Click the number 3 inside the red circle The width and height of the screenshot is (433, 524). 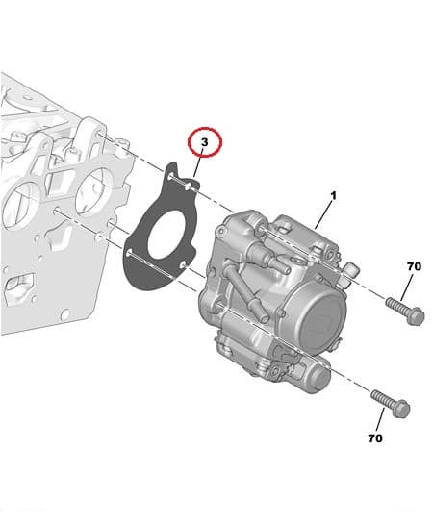coord(204,143)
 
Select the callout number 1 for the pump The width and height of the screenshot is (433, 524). coord(333,196)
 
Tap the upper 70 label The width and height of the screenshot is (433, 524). coord(414,266)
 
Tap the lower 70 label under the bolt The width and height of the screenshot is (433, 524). coord(374,437)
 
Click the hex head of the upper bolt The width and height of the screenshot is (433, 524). coord(415,315)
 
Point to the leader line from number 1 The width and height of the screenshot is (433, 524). coord(324,213)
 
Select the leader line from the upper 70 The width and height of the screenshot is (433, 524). coord(407,287)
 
